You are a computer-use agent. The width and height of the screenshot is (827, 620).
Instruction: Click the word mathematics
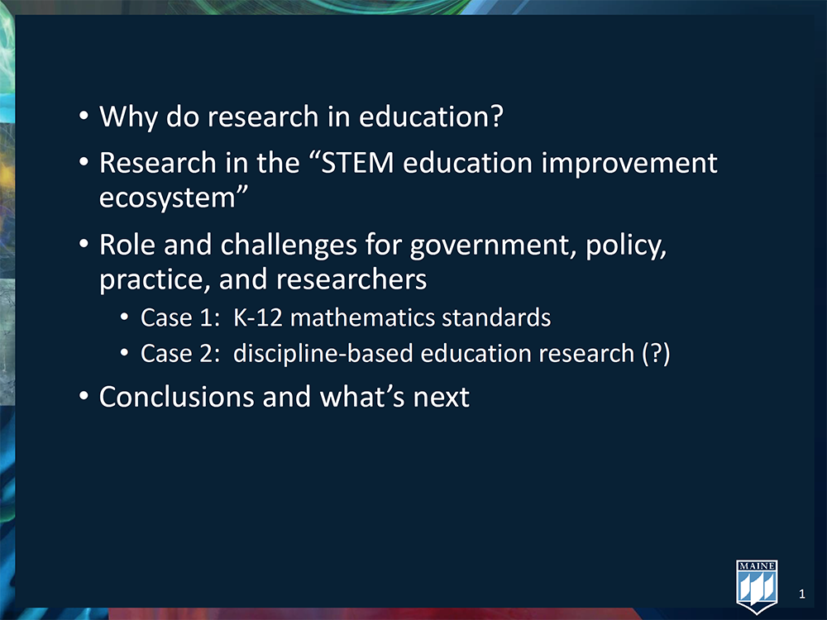[358, 317]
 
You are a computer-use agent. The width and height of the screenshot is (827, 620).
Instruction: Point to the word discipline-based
[324, 353]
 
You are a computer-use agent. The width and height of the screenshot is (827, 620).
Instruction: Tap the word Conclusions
[176, 397]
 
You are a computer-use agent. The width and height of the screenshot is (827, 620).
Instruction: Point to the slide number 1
[802, 593]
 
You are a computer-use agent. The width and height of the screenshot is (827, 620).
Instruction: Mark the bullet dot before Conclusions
[84, 398]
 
